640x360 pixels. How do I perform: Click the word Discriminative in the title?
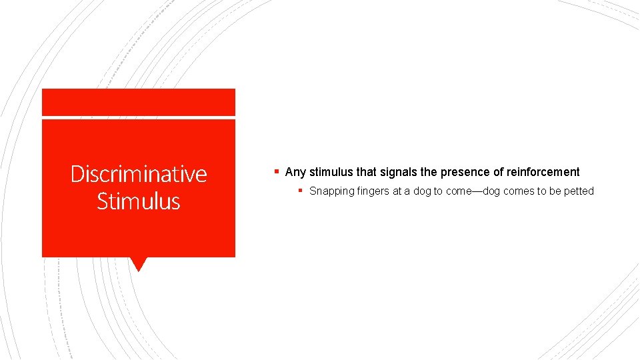coord(139,174)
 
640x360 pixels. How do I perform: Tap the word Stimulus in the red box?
coord(139,201)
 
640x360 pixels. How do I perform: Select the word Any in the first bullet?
coord(295,172)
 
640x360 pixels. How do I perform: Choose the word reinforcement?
coord(543,172)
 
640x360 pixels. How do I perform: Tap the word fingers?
coord(371,191)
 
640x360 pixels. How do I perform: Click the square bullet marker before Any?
coord(277,171)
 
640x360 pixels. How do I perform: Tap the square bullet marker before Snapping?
coord(301,191)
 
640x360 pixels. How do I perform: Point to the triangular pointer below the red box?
coord(139,264)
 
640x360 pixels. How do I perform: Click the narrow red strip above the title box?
coord(139,102)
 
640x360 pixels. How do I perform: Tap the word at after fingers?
coord(397,191)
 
